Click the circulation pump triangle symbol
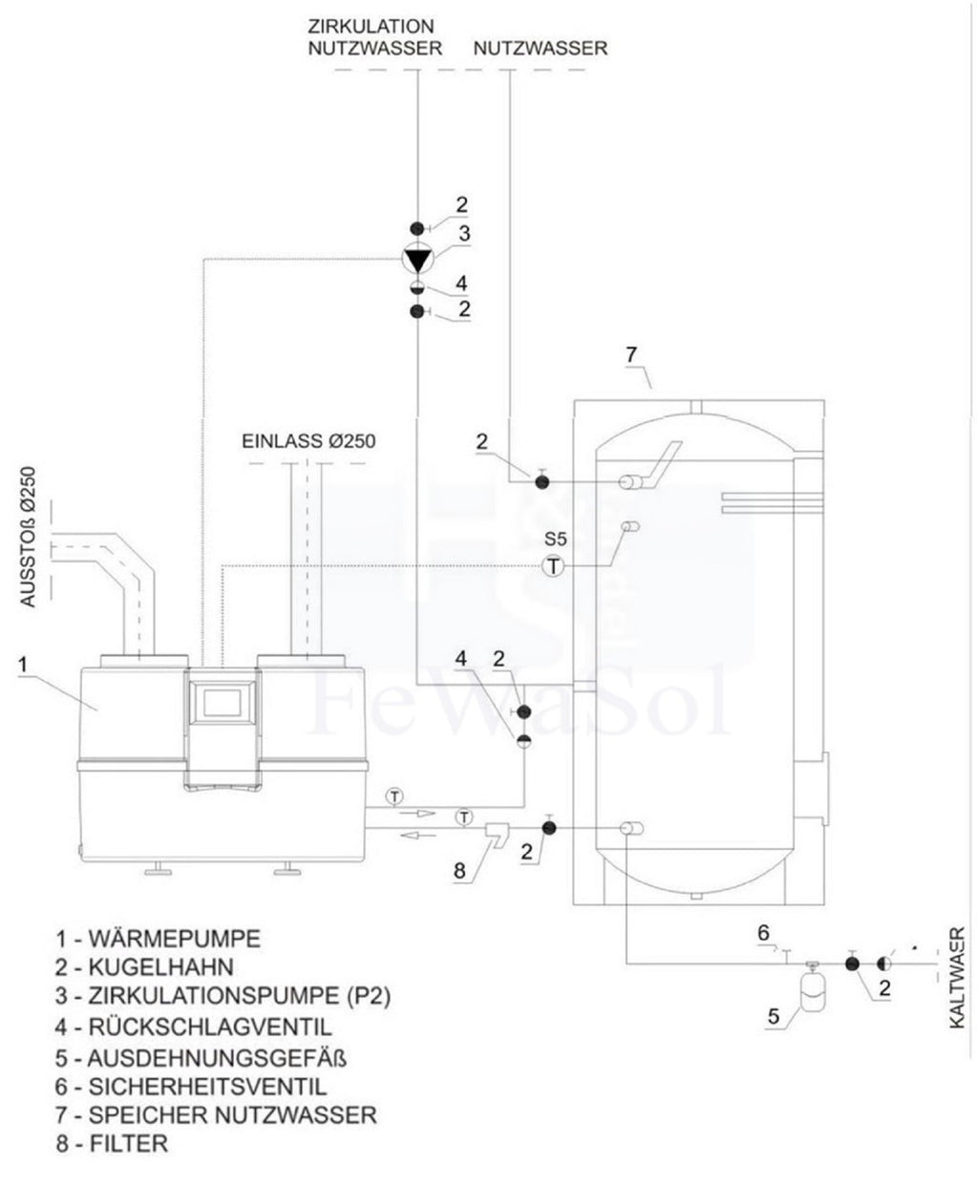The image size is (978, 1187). coord(418,261)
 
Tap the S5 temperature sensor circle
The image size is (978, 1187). coord(552,566)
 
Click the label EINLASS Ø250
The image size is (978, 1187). coord(308,441)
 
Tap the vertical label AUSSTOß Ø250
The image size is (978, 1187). coord(28,538)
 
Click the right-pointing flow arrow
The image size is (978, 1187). coord(416,814)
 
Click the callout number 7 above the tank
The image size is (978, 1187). coord(631,354)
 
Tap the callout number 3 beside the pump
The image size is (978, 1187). coord(464,234)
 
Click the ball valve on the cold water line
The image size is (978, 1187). coord(852,964)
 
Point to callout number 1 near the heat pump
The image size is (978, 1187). coord(23,664)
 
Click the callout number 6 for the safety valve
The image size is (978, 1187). coord(764,933)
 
